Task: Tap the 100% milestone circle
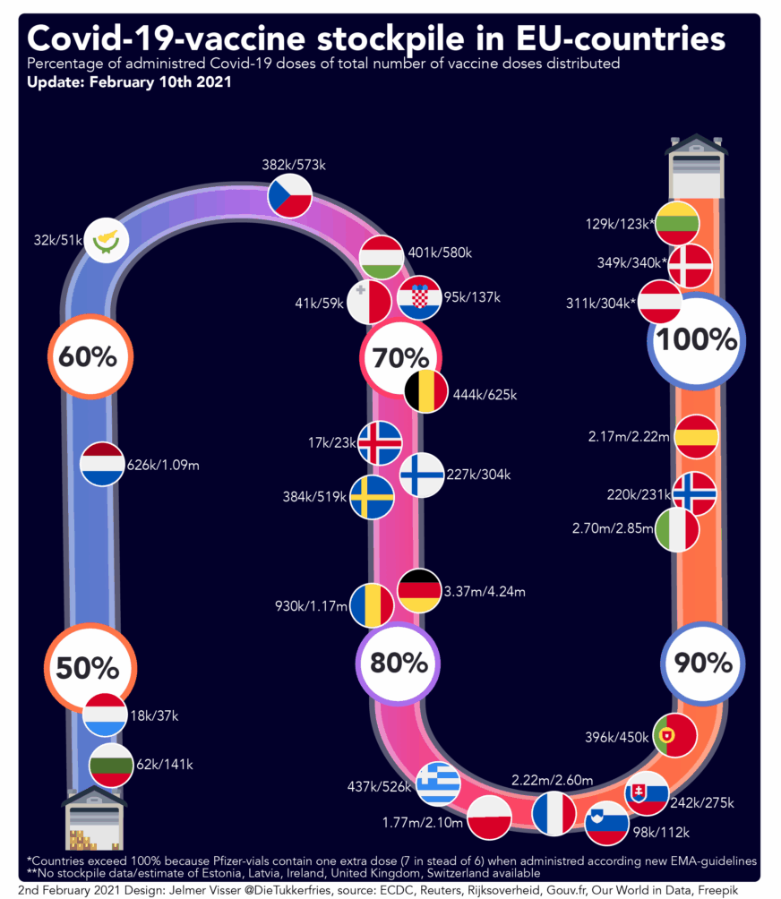click(696, 339)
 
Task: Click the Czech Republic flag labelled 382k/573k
click(290, 196)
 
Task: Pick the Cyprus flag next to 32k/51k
click(107, 239)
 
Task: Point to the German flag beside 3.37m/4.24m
click(419, 591)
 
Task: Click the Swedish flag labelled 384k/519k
click(371, 497)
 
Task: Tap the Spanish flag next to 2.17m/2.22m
click(696, 437)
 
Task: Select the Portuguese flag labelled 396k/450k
click(675, 735)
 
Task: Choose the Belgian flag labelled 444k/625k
click(426, 392)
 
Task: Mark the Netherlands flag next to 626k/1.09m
click(102, 465)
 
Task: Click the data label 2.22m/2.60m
click(552, 781)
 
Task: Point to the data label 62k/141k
click(166, 764)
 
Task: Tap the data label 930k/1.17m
click(311, 606)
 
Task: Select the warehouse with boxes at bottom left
click(94, 819)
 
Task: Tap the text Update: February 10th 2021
click(130, 81)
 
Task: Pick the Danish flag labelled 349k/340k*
click(691, 266)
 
